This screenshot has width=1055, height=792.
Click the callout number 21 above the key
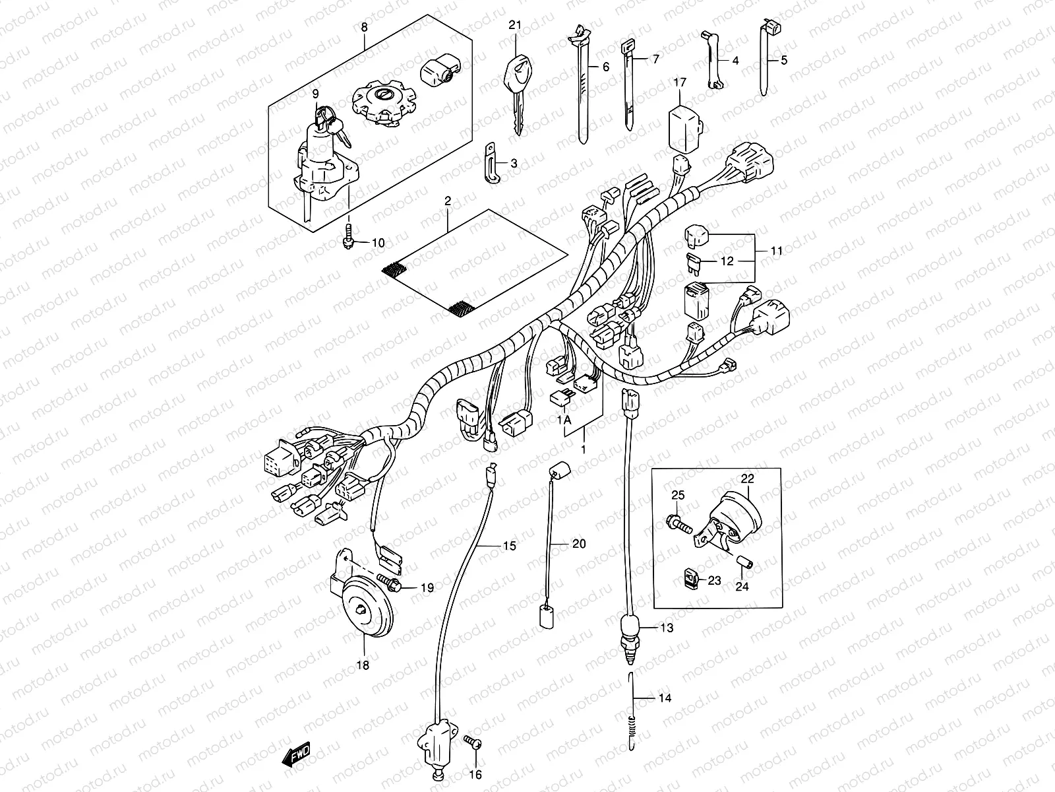[514, 25]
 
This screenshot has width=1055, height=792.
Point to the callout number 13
[667, 628]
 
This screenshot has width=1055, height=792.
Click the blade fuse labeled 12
[693, 261]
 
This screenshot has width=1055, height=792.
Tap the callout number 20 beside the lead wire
[578, 544]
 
